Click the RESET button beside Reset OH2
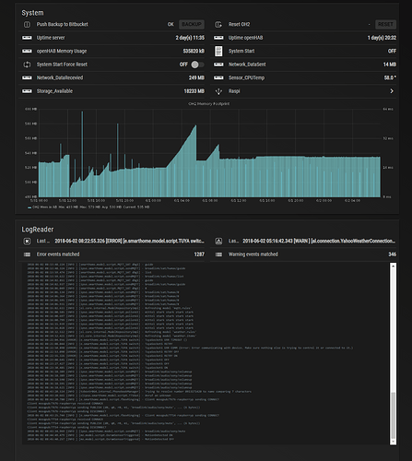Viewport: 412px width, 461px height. tap(385, 25)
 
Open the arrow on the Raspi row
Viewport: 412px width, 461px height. tap(393, 91)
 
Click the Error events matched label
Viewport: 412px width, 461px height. tap(64, 254)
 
